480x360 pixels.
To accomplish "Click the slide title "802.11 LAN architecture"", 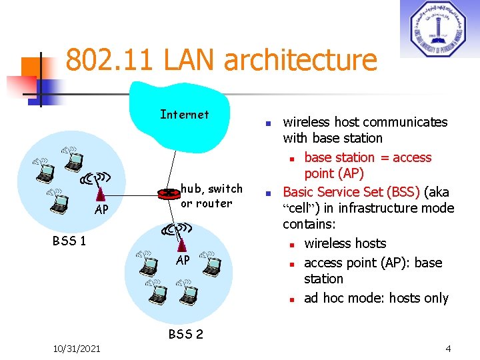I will tap(221, 60).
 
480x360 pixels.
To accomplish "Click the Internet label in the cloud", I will tap(185, 115).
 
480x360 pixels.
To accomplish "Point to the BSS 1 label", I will tap(69, 241).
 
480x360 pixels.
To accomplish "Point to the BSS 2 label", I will tap(185, 334).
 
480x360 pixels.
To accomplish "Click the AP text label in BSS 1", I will tap(101, 210).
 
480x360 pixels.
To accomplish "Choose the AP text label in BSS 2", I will tap(183, 260).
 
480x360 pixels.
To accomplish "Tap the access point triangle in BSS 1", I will tap(101, 193).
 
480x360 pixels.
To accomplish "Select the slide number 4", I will tap(448, 348).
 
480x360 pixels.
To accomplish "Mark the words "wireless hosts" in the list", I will tap(345, 243).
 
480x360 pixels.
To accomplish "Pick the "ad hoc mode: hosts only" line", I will tap(376, 298).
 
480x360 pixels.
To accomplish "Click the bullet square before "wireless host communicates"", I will tap(266, 124).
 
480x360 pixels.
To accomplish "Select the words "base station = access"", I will tap(367, 157).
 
